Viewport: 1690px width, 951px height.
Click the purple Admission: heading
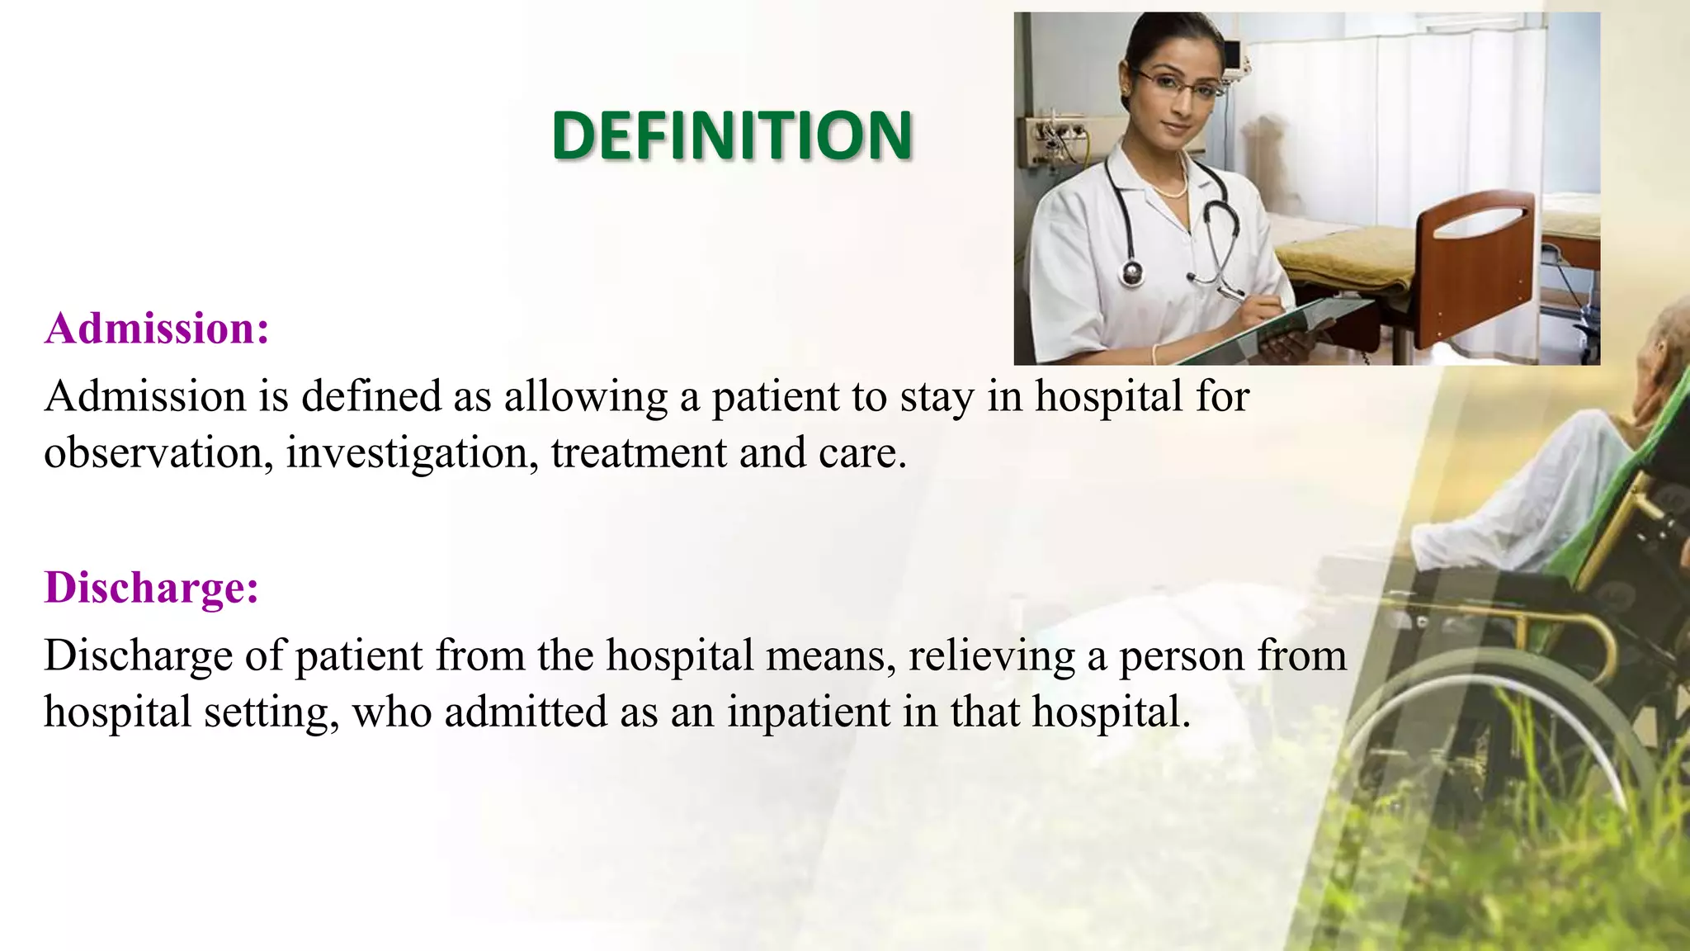coord(157,329)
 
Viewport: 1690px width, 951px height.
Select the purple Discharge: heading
coord(152,588)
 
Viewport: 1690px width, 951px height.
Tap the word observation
coord(153,453)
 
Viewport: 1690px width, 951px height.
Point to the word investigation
coord(412,453)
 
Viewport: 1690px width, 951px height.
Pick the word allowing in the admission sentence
coord(586,397)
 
